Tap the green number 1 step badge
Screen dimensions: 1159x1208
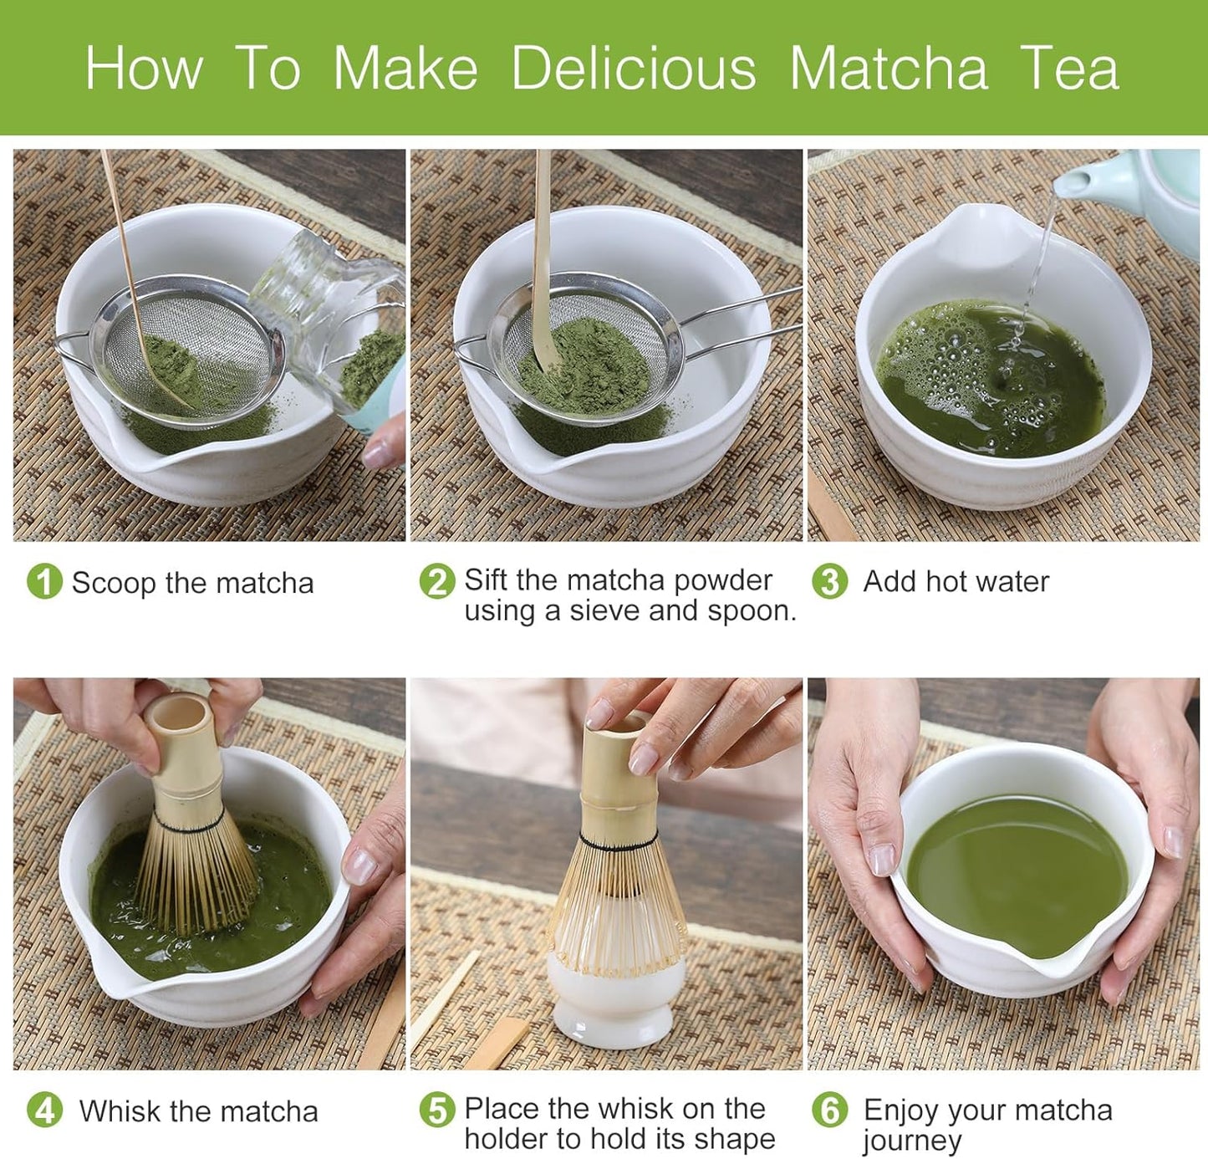(x=44, y=581)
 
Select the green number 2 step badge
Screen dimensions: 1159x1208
(x=436, y=581)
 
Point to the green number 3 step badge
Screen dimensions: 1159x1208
(x=829, y=581)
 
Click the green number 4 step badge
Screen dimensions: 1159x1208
(x=44, y=1110)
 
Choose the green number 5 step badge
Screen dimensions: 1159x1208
(x=436, y=1110)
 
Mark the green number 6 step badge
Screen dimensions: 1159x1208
(x=829, y=1110)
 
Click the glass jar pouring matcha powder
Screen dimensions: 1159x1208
(x=334, y=318)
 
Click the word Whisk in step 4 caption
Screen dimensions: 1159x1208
(x=120, y=1111)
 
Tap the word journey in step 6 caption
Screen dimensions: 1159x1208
(x=911, y=1141)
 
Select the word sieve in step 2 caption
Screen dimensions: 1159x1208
(x=604, y=611)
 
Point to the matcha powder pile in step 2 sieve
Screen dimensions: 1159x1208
(x=585, y=368)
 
